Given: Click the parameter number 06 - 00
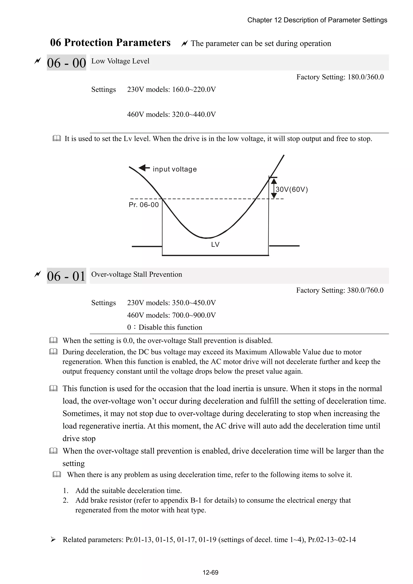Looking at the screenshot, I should [66, 63].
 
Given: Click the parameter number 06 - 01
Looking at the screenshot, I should [66, 276].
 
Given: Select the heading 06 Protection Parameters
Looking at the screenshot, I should [110, 43].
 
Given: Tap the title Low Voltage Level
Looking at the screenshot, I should [120, 61].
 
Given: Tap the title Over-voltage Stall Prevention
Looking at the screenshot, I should [137, 274].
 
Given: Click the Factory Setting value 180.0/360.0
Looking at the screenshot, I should [365, 77].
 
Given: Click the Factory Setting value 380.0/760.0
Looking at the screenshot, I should [365, 290].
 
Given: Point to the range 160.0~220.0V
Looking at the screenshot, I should [194, 90].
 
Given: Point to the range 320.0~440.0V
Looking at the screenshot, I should [194, 115].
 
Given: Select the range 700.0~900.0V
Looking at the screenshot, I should [194, 315].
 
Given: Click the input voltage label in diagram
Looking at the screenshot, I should [175, 169].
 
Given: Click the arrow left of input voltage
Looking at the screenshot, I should [144, 168].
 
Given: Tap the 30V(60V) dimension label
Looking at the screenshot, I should [292, 189].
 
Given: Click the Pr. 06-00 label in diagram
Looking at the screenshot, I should [144, 205].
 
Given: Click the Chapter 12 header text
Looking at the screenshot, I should [317, 20].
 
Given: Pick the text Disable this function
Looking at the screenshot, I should [170, 327].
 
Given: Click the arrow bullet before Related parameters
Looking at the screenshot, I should [53, 539].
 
